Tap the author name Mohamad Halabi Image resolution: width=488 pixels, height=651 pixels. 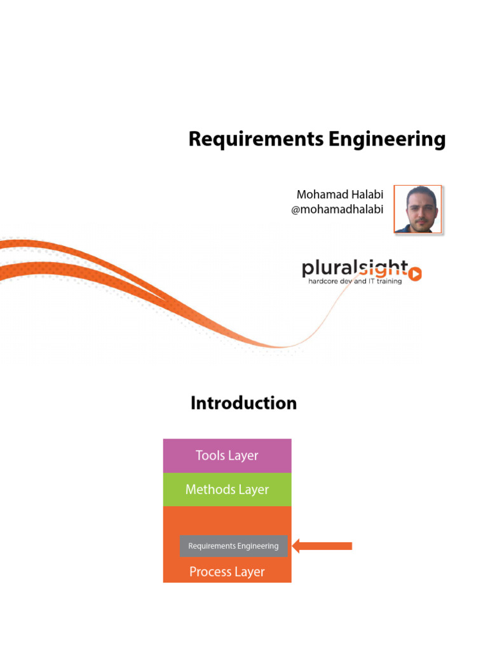click(x=339, y=194)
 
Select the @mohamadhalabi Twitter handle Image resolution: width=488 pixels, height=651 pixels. click(x=337, y=209)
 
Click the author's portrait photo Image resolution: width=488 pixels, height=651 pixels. click(x=417, y=209)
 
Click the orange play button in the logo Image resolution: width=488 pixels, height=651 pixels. click(x=415, y=274)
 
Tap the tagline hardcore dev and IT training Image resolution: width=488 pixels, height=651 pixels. click(x=355, y=281)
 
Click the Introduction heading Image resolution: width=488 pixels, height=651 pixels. click(x=243, y=403)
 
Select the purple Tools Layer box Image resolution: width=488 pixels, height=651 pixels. click(x=227, y=456)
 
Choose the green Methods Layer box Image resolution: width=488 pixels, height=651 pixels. click(x=227, y=490)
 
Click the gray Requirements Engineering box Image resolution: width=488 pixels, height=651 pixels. click(x=233, y=546)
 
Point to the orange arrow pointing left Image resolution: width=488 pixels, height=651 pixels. click(x=322, y=546)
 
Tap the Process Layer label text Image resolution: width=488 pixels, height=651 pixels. click(x=227, y=572)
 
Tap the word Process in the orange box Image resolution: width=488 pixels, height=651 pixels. click(x=210, y=572)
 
